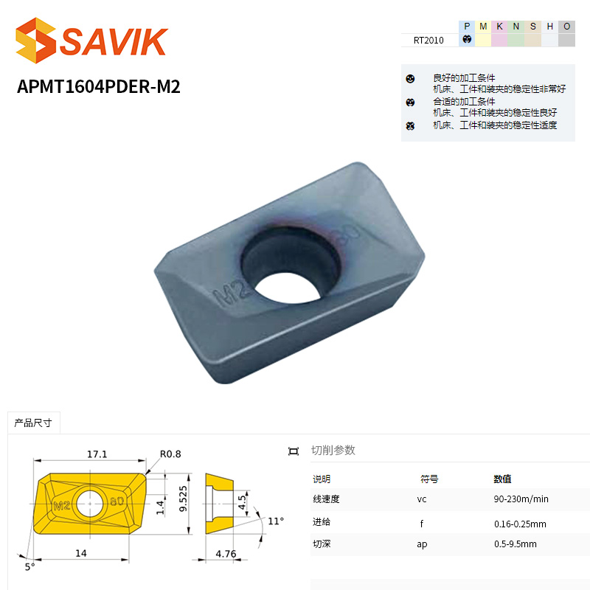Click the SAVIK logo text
[x=114, y=41]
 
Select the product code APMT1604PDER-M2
[x=99, y=86]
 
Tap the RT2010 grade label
[x=428, y=41]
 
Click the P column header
[x=467, y=27]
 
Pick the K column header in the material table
[x=500, y=27]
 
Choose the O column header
[x=566, y=27]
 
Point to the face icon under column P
[x=467, y=39]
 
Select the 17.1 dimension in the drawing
[x=97, y=454]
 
